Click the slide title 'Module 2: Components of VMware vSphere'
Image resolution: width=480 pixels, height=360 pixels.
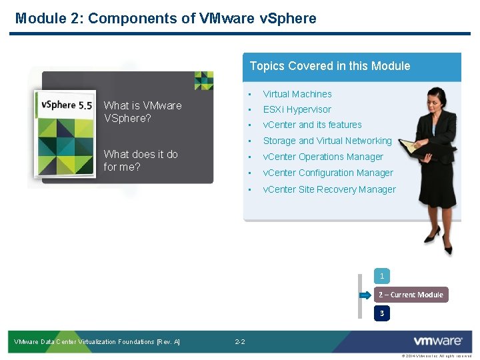tap(165, 18)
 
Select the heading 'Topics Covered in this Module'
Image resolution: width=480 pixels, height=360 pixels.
tap(329, 66)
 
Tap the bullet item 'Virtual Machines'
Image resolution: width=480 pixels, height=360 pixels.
tap(297, 94)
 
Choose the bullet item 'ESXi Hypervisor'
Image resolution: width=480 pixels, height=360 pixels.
tap(297, 109)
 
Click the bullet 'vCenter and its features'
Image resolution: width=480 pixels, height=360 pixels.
tap(312, 125)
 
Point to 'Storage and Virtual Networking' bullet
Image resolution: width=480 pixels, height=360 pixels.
tap(327, 141)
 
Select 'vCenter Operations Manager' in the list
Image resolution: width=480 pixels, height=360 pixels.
tap(323, 157)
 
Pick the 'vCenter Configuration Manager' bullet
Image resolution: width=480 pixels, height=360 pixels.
tap(328, 173)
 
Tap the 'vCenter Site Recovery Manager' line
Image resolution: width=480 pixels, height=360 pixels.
tap(329, 189)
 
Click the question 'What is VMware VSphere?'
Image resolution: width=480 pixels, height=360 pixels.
tap(143, 112)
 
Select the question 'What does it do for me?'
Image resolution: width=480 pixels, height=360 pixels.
tap(141, 161)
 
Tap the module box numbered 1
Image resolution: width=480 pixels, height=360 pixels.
tap(382, 275)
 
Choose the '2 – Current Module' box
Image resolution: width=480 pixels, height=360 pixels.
tap(411, 295)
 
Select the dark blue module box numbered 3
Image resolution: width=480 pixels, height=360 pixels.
tap(382, 313)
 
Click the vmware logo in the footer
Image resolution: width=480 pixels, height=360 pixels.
tap(437, 341)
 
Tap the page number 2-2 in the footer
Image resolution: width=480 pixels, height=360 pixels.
tap(240, 342)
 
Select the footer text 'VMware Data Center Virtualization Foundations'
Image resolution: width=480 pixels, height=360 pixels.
tap(97, 342)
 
